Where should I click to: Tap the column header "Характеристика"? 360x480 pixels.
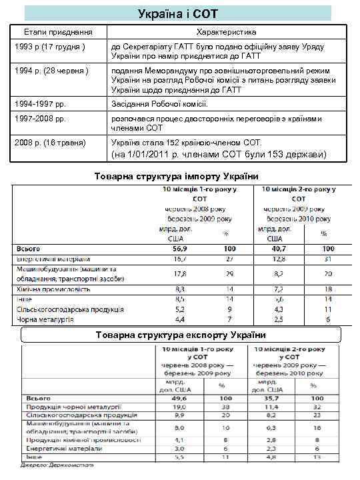[x=227, y=32]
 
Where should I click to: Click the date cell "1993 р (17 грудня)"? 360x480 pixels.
[x=51, y=47]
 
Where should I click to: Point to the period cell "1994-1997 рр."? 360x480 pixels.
[x=41, y=103]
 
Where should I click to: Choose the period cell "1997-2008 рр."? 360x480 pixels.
[x=41, y=119]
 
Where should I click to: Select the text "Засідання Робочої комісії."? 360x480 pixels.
[x=160, y=103]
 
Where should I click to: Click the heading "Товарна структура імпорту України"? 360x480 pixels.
[x=177, y=176]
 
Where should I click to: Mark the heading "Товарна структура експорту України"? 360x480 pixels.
[x=181, y=334]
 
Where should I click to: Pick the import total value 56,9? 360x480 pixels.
[x=179, y=248]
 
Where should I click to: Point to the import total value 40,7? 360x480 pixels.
[x=279, y=248]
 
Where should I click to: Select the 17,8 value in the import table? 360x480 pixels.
[x=179, y=273]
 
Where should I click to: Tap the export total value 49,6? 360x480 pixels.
[x=179, y=397]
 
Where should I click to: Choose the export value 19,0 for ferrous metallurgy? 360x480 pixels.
[x=179, y=406]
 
